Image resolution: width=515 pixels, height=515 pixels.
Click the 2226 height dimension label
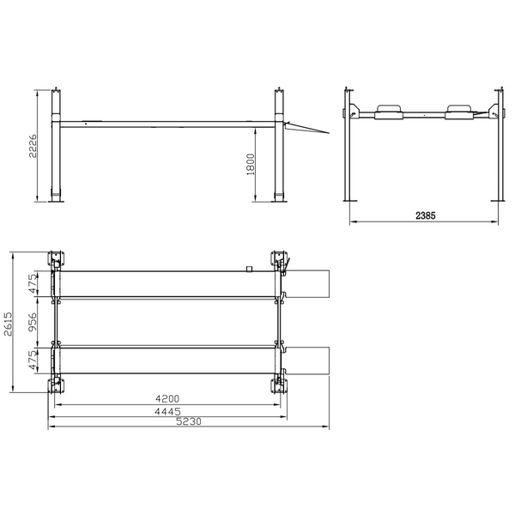tap(33, 146)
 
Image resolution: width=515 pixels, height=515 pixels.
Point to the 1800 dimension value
tap(251, 164)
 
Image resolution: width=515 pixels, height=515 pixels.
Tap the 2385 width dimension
tap(426, 215)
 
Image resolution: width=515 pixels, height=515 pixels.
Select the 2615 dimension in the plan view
tap(8, 324)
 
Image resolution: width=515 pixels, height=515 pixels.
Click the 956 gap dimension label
tap(33, 322)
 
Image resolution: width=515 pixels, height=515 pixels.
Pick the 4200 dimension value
tap(167, 399)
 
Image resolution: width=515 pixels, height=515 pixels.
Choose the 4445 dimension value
tap(167, 411)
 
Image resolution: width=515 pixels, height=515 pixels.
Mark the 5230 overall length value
tap(189, 421)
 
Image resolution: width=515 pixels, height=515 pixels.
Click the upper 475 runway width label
tap(33, 284)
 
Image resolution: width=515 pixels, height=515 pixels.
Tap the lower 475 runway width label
tap(33, 360)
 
